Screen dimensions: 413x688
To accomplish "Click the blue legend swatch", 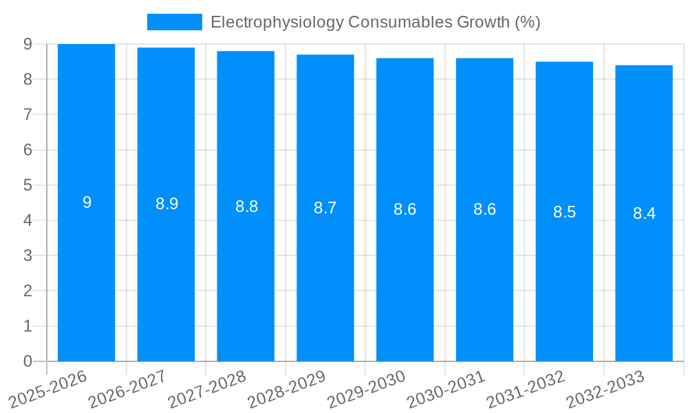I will [174, 22].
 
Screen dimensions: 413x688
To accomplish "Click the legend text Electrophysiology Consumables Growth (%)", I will [375, 22].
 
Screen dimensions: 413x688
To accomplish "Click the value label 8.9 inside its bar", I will [166, 204].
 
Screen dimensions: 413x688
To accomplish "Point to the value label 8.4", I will [644, 213].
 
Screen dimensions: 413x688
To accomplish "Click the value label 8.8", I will [246, 206].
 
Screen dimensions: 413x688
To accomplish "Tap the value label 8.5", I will [564, 212].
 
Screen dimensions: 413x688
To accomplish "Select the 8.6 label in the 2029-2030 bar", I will [405, 209].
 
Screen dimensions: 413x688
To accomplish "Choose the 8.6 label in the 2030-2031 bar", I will [484, 209].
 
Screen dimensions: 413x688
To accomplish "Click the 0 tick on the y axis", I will [28, 361].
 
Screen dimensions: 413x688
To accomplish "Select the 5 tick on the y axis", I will [28, 185].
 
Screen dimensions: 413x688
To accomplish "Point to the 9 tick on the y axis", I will [28, 44].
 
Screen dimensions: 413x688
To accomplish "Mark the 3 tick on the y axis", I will [28, 255].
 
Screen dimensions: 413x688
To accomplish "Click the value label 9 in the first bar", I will [87, 202].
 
